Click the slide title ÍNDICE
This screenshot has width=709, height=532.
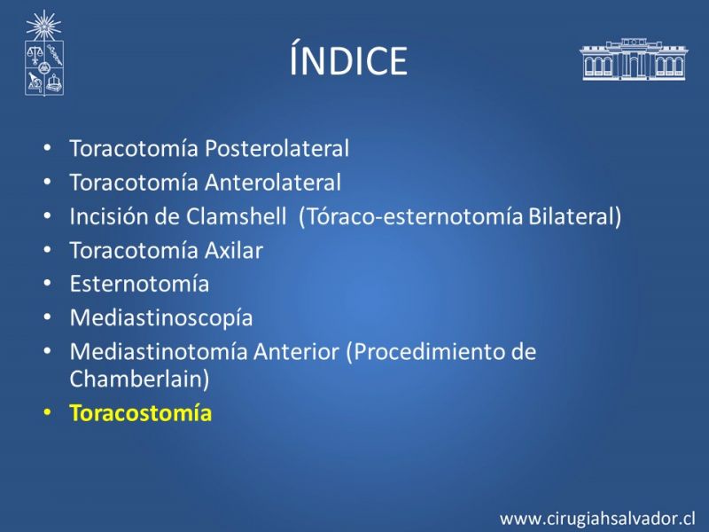coord(348,58)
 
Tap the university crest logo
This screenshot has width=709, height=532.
coord(43,53)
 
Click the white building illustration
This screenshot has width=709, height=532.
coord(634,59)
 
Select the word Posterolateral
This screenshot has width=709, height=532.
coord(277,148)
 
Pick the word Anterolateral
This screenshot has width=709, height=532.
coord(273,183)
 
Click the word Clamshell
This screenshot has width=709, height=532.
coord(236,216)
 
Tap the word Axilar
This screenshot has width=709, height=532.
coord(234,250)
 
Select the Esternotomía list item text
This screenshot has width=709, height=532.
coord(139,284)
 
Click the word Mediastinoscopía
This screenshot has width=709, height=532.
coord(161,318)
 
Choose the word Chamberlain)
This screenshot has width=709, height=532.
coord(140,379)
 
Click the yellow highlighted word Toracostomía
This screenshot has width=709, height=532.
coord(141,413)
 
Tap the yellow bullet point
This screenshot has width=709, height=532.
coord(47,412)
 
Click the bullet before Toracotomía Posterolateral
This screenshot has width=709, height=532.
coord(47,148)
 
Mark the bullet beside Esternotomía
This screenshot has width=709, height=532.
coord(47,284)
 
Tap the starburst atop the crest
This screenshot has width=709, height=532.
coord(43,26)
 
